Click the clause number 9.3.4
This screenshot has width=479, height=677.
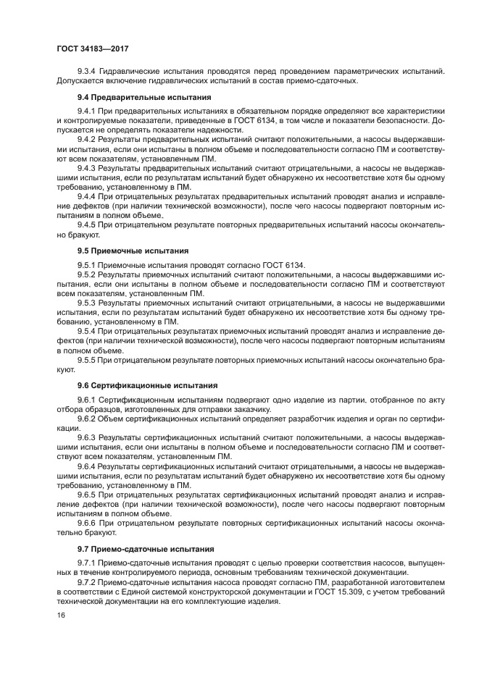[x=87, y=71]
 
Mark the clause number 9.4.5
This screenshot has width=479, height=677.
[x=87, y=224]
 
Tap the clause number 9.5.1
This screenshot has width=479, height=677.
[x=87, y=265]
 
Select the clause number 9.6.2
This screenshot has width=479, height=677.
[x=87, y=419]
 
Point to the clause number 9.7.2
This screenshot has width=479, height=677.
[x=87, y=582]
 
